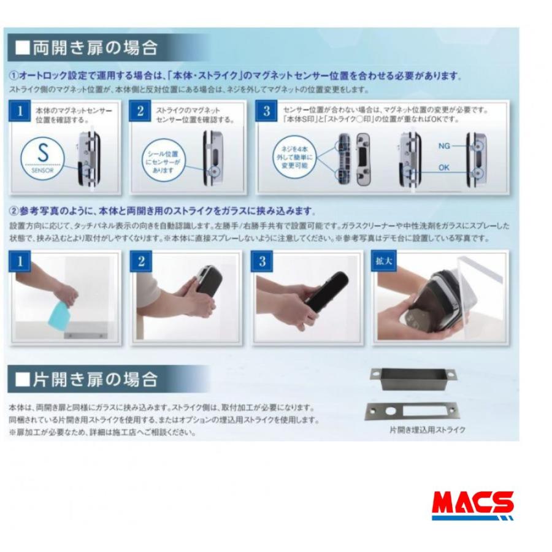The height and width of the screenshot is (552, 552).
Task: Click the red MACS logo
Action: pos(472,504)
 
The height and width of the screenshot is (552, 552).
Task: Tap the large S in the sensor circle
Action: pos(43,153)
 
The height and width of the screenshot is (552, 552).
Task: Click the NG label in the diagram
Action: pos(444,146)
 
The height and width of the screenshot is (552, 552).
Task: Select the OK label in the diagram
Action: pos(444,167)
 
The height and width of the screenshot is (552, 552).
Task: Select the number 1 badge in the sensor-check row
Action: pos(21,111)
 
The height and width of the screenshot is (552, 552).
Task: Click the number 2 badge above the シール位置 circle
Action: pos(141,111)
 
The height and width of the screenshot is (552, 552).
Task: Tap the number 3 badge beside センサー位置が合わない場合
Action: pos(267,111)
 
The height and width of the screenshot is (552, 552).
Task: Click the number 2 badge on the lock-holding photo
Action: pos(141,261)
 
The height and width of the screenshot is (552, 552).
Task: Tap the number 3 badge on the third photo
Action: pos(263,261)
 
